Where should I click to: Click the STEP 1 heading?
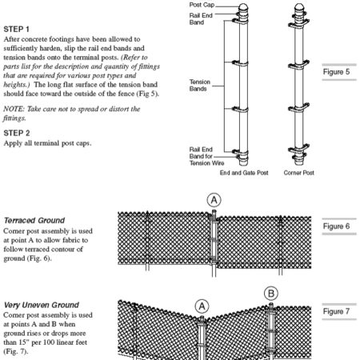click(16, 29)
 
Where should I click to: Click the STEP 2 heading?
click(17, 133)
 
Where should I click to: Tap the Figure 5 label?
click(336, 72)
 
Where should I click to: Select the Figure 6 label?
click(336, 226)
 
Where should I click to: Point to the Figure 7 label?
click(336, 311)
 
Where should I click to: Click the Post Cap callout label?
click(202, 5)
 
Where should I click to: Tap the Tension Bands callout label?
click(200, 85)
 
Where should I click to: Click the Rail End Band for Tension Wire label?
click(206, 156)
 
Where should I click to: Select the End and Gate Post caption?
click(244, 173)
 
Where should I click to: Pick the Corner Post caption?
click(298, 173)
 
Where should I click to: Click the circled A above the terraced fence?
click(214, 200)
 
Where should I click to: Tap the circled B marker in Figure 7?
click(271, 294)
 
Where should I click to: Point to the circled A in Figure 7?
click(202, 306)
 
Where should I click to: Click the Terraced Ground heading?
click(34, 221)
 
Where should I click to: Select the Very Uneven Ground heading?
click(42, 305)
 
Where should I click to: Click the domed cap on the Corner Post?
click(299, 7)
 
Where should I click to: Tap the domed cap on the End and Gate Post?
click(243, 7)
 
